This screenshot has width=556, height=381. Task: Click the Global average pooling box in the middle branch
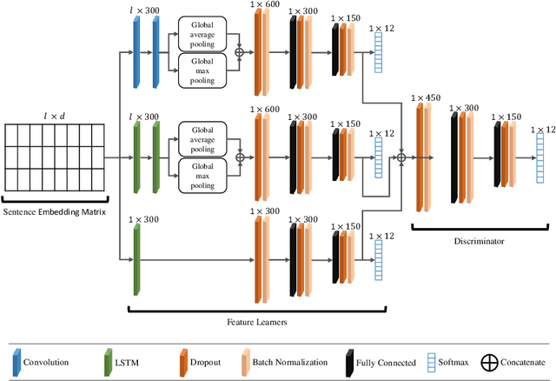point(202,136)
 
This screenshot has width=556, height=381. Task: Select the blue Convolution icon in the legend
point(16,363)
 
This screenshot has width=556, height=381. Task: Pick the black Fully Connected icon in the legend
point(347,363)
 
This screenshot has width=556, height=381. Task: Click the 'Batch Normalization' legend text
point(288,363)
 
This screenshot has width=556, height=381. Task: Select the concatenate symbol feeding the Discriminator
point(401,157)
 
